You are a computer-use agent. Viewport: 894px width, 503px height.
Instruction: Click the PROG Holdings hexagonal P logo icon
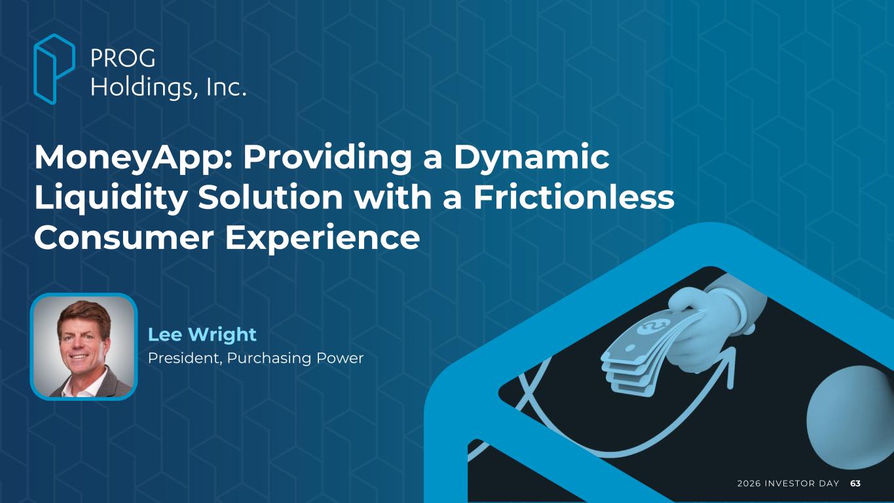(54, 69)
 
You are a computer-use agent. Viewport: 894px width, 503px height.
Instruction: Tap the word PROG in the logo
(123, 58)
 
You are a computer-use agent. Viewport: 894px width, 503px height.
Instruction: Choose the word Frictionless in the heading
(574, 198)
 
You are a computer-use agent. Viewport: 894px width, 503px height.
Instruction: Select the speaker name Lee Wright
(202, 335)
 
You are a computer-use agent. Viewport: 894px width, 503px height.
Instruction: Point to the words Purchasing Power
(295, 358)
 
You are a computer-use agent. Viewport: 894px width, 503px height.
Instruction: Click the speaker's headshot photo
(84, 346)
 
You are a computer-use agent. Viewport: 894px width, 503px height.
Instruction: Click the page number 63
(855, 483)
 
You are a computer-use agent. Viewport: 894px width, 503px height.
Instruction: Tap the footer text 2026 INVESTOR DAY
(788, 483)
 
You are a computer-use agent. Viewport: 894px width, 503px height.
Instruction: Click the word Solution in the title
(270, 198)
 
